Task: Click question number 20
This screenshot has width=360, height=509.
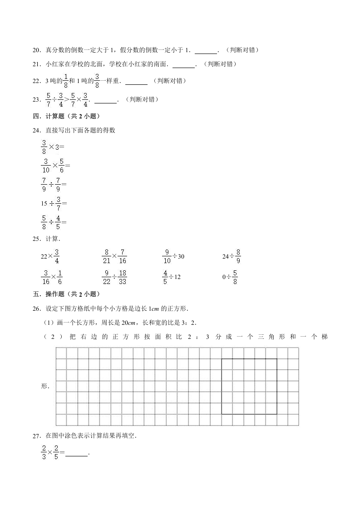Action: [x=37, y=50]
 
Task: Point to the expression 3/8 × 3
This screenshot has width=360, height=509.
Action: [x=52, y=147]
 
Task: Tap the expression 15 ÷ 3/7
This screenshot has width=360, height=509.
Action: [x=54, y=203]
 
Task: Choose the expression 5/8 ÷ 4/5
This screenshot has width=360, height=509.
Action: [x=53, y=222]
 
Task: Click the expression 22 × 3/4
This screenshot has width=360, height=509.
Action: [x=50, y=256]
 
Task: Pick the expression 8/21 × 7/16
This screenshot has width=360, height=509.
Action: [x=114, y=256]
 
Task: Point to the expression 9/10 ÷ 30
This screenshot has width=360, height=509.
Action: [x=173, y=256]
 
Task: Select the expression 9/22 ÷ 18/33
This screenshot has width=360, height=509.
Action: [x=114, y=276]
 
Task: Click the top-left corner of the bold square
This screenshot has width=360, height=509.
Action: [x=222, y=359]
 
